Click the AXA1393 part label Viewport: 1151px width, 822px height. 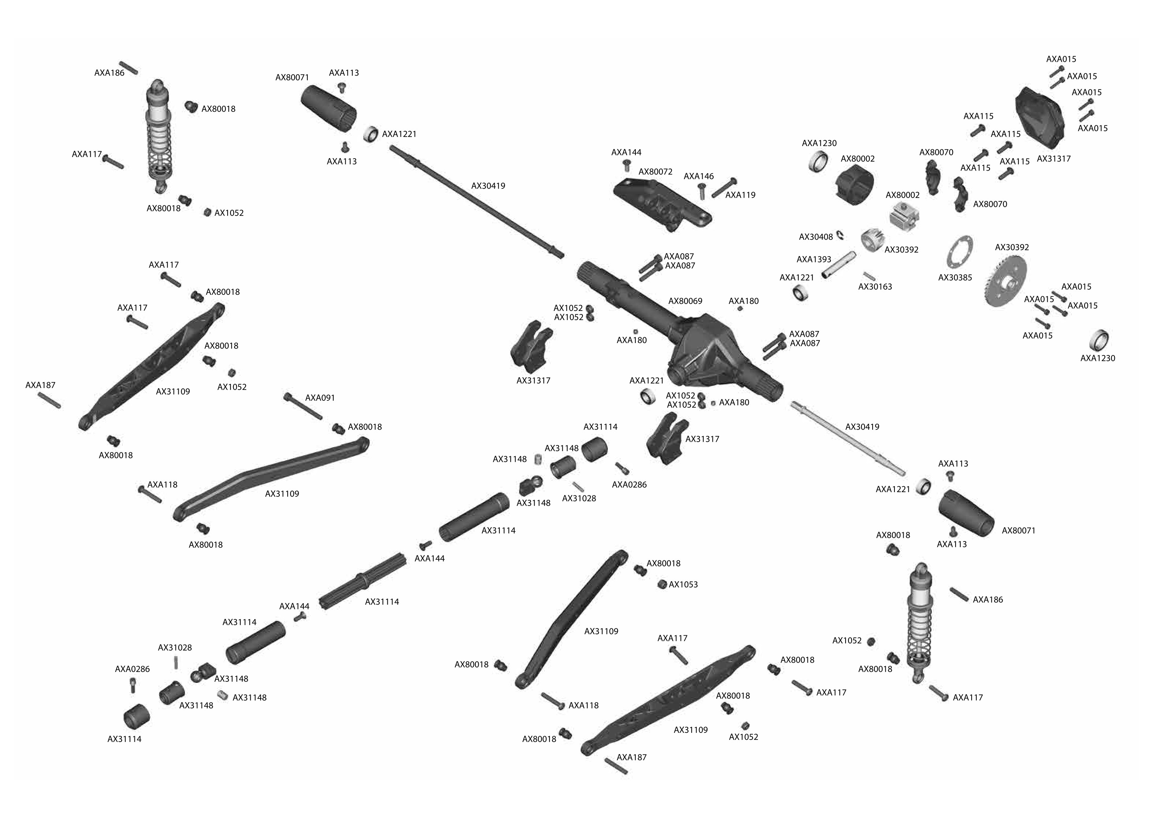tap(813, 260)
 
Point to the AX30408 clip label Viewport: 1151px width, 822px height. tap(816, 237)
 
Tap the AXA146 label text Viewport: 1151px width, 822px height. tap(699, 176)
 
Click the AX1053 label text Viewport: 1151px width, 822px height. tap(683, 585)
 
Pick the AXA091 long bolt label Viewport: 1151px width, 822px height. tap(320, 398)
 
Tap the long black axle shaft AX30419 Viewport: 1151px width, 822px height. tap(476, 202)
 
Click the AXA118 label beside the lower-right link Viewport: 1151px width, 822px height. tap(583, 705)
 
